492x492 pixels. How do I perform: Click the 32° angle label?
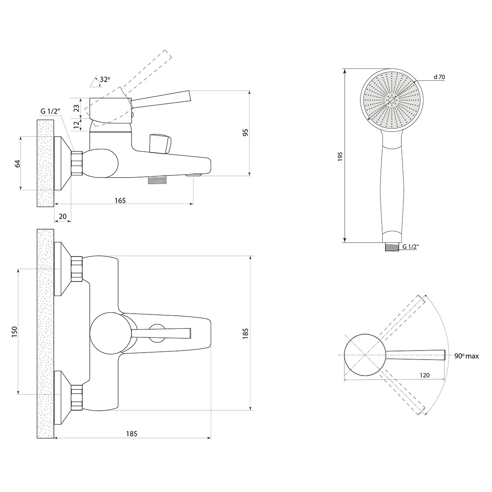(x=105, y=80)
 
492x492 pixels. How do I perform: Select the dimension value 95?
(x=245, y=132)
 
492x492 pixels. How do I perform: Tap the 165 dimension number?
(x=120, y=200)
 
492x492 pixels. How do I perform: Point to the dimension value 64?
(x=17, y=164)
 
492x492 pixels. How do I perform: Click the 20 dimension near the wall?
(x=62, y=216)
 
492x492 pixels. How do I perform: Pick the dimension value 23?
(x=76, y=109)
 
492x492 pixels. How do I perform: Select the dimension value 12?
(x=76, y=125)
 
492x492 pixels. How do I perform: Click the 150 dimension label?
(x=14, y=332)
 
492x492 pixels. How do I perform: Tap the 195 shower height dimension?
(x=339, y=156)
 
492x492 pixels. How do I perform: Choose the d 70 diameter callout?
(x=439, y=77)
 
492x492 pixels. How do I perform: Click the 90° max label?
(x=467, y=356)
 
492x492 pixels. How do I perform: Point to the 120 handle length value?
(x=425, y=375)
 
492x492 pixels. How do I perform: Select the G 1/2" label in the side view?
(x=50, y=112)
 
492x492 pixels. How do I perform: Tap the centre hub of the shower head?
(x=392, y=100)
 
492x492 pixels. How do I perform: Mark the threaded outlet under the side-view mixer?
(x=157, y=180)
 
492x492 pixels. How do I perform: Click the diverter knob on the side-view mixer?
(x=161, y=143)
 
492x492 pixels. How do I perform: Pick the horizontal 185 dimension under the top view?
(x=132, y=433)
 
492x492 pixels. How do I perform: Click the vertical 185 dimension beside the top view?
(x=245, y=333)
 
